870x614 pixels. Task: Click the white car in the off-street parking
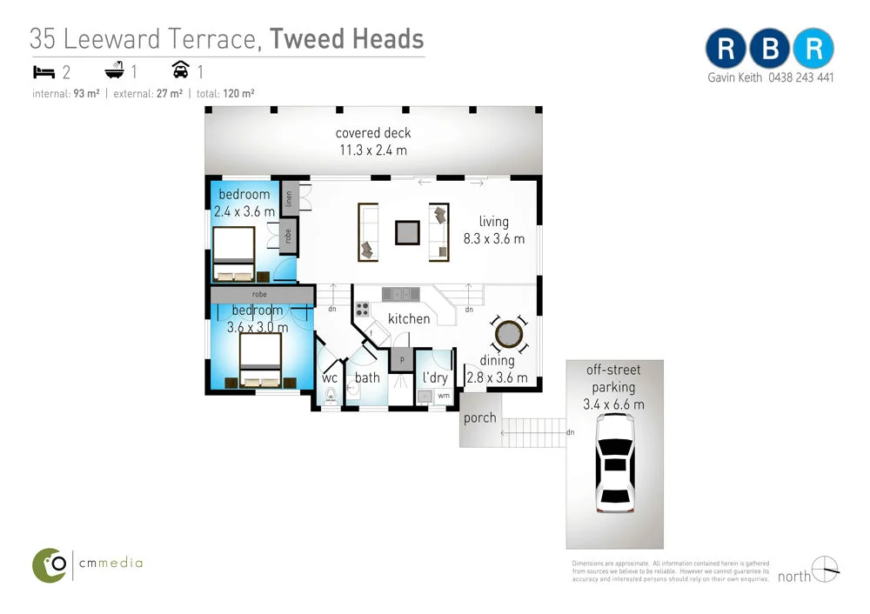[616, 463]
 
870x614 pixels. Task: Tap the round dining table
[507, 334]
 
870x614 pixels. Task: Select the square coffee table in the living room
[407, 232]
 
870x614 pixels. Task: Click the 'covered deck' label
[373, 133]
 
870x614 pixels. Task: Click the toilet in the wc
[331, 397]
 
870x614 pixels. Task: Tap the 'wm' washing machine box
[444, 396]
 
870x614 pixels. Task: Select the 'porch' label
[479, 417]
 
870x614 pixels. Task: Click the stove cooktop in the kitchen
[363, 310]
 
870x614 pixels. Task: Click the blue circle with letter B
[770, 50]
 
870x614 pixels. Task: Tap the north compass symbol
[825, 571]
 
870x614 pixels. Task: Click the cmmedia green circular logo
[50, 564]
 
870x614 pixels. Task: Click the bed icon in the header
[44, 71]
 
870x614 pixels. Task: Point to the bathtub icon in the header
[115, 71]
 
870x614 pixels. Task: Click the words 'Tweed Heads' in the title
[346, 38]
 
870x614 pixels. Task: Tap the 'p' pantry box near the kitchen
[402, 358]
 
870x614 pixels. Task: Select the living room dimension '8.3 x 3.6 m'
[493, 238]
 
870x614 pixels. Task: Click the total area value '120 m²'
[238, 93]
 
